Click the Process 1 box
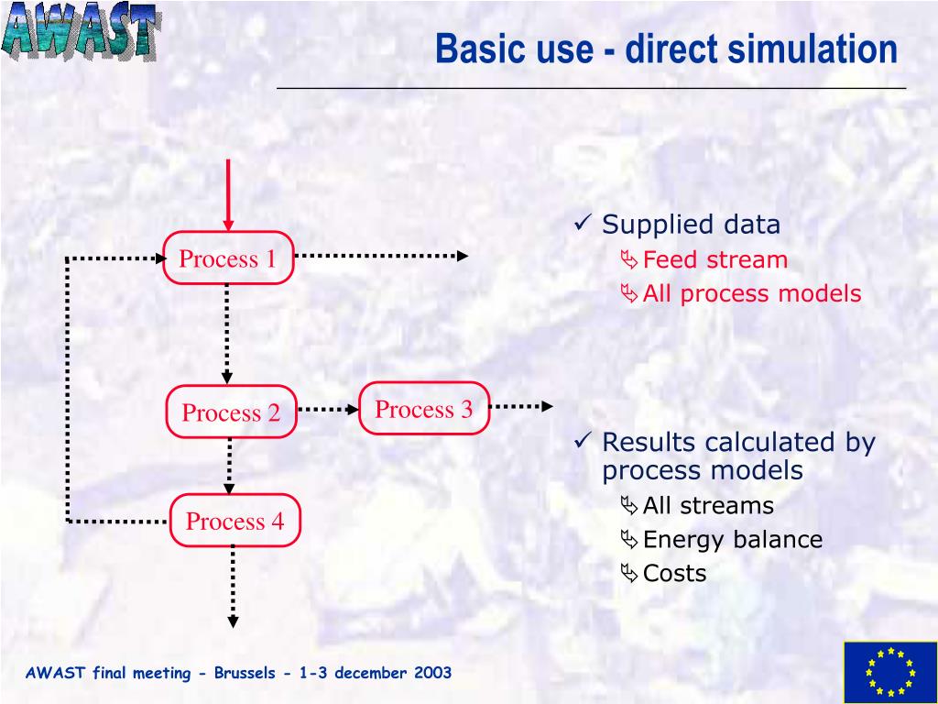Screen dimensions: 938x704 pos(228,258)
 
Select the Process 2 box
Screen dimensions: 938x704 pos(231,412)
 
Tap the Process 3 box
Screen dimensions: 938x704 pos(424,409)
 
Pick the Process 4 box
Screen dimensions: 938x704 pos(235,522)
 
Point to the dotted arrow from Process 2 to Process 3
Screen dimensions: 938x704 pos(328,410)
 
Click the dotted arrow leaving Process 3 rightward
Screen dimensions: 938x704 pos(522,405)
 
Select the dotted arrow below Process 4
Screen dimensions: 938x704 pos(234,587)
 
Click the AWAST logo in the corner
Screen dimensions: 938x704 pos(80,32)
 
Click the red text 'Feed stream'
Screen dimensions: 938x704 pos(714,259)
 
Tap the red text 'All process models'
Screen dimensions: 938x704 pos(751,293)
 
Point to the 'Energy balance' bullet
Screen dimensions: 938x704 pos(732,539)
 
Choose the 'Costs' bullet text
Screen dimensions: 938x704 pos(674,573)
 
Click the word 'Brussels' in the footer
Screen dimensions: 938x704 pos(244,673)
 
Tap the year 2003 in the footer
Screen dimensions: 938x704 pos(432,673)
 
